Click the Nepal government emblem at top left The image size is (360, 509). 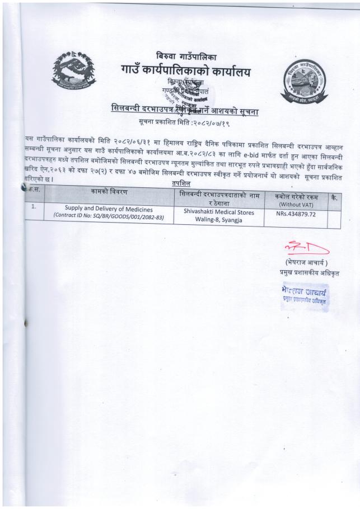(73, 72)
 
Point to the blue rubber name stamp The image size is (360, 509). (305, 293)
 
